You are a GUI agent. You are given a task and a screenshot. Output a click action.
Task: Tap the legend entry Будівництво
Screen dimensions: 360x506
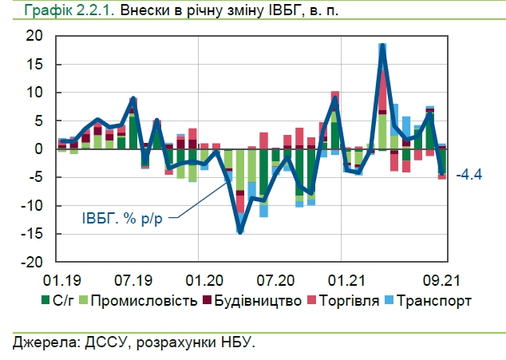255,301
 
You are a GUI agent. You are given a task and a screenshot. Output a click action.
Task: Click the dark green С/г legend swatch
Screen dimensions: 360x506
46,301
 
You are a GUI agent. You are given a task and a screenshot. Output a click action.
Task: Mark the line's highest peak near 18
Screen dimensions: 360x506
383,47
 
